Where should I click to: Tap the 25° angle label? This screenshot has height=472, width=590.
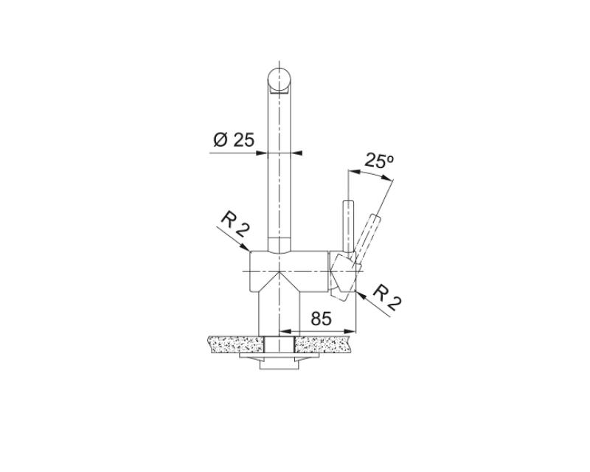379,162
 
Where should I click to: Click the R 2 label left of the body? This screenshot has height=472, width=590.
233,225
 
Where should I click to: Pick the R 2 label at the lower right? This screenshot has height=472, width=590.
384,296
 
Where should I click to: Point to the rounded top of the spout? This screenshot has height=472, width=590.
280,75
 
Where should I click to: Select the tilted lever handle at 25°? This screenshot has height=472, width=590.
369,235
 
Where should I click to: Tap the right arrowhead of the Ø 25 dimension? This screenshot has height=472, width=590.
298,153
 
